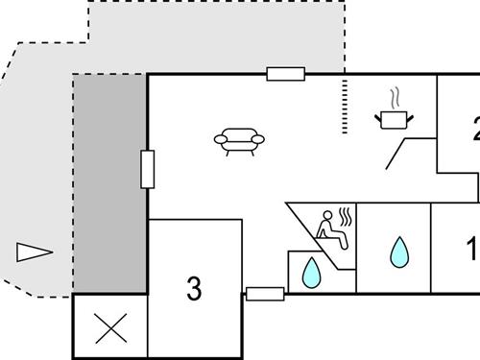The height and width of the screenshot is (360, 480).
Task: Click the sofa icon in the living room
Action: click(x=239, y=141)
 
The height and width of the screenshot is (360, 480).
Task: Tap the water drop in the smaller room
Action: click(x=310, y=274)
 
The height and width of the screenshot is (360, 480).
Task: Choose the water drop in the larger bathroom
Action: click(x=397, y=252)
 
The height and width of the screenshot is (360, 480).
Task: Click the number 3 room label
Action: click(x=194, y=287)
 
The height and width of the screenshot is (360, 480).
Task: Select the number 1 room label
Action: click(x=472, y=250)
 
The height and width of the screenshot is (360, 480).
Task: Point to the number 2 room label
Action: click(x=475, y=128)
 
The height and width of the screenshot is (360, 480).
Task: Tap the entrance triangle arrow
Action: click(x=34, y=252)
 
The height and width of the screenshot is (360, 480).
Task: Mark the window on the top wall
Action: click(x=285, y=74)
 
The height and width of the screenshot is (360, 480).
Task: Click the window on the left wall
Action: click(x=147, y=170)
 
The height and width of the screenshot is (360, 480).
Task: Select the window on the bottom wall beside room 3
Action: click(x=265, y=294)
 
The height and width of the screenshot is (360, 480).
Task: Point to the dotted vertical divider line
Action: click(x=343, y=108)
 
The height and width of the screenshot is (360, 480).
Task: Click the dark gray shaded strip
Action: click(x=110, y=182)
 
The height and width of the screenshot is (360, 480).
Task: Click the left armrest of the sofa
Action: click(x=221, y=140)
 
